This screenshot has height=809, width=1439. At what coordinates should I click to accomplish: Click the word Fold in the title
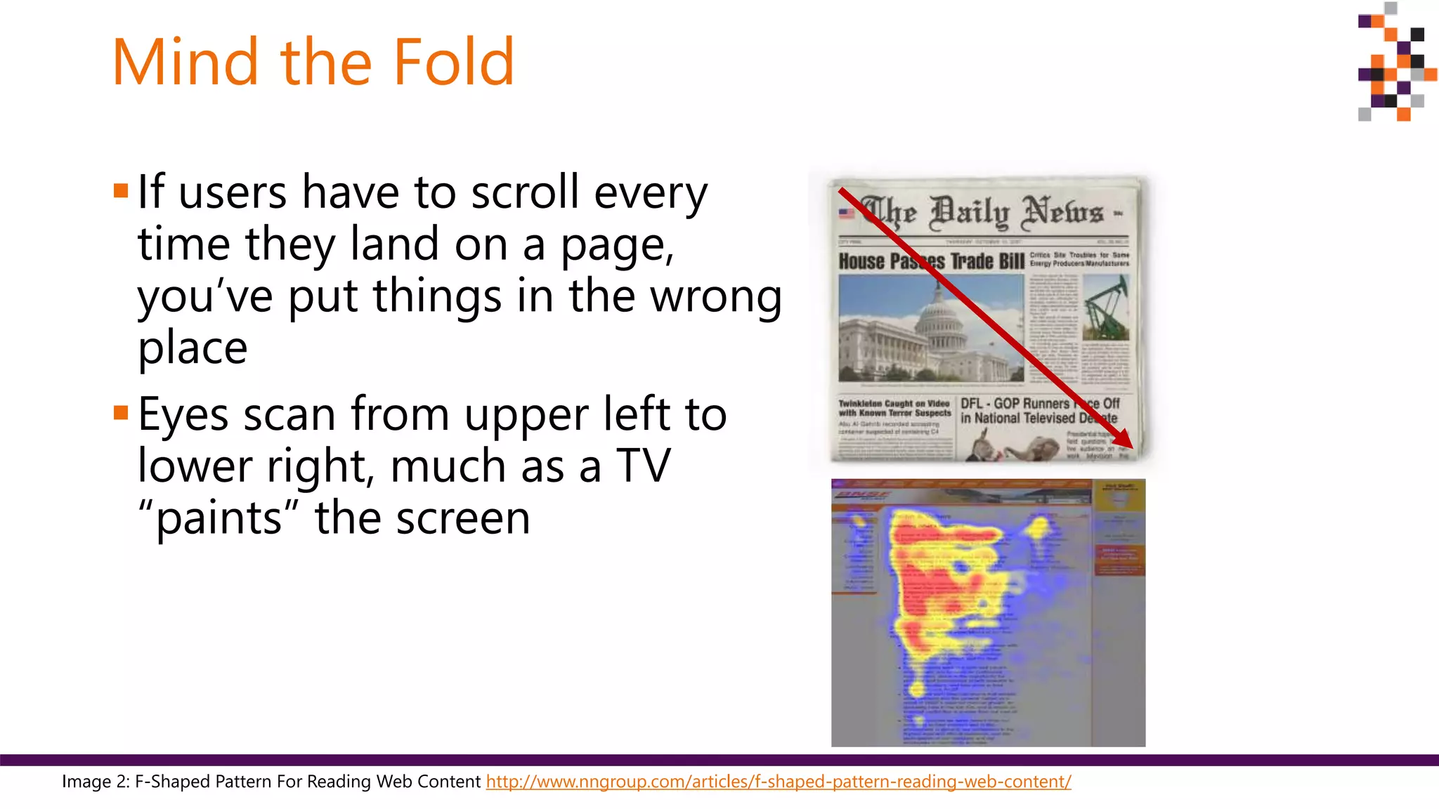(453, 63)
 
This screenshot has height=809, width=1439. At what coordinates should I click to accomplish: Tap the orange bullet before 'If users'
(121, 190)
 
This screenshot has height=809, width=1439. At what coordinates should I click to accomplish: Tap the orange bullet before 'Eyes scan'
(121, 412)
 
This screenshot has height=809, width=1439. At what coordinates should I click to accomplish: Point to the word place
(193, 348)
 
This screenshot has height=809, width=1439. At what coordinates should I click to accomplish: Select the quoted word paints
(219, 519)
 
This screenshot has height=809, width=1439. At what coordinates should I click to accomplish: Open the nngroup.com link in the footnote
(778, 782)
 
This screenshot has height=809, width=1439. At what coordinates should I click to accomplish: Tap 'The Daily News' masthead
(984, 212)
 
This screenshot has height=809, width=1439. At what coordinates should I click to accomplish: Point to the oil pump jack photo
(1106, 308)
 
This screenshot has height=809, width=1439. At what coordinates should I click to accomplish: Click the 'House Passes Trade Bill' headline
(931, 261)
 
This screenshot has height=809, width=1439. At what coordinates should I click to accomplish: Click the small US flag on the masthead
(847, 213)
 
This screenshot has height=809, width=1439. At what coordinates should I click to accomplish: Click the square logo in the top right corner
(1395, 63)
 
